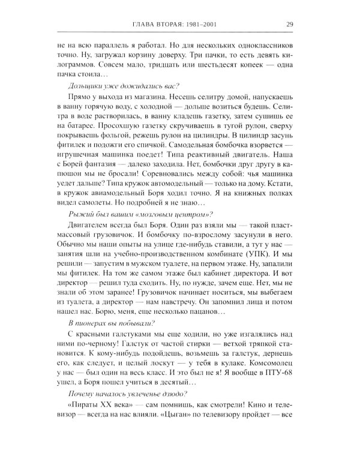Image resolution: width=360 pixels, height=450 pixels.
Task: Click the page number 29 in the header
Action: tap(290, 25)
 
